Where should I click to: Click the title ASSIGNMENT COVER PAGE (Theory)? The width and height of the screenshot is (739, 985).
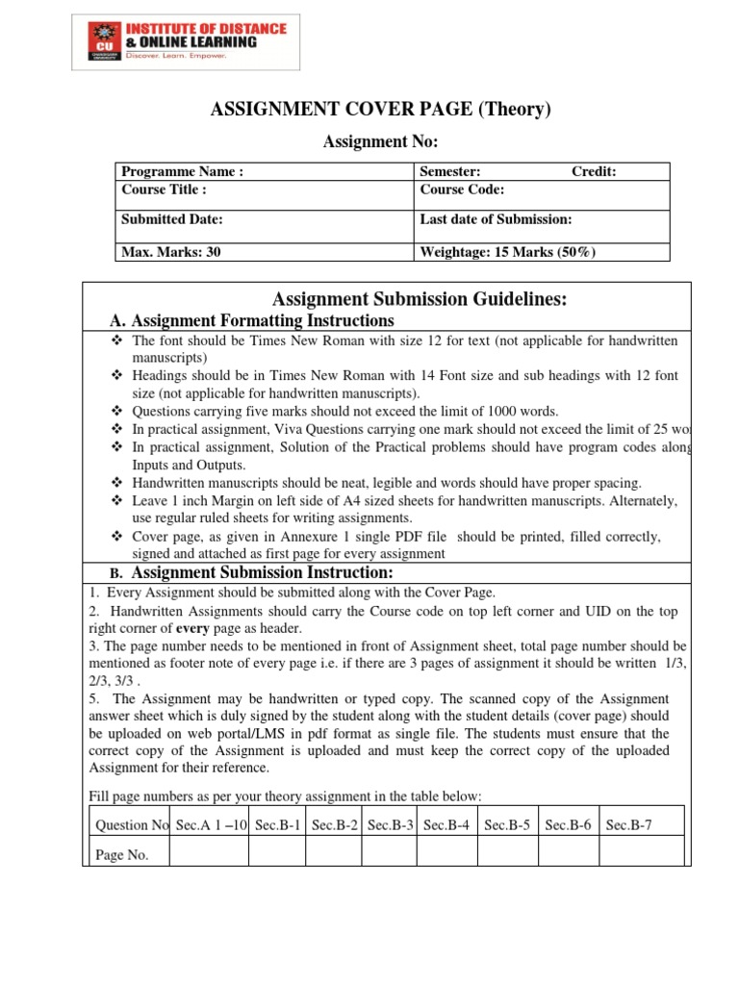(x=381, y=110)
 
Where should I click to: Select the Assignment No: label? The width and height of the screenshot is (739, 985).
(x=381, y=142)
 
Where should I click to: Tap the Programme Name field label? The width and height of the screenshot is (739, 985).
(x=182, y=172)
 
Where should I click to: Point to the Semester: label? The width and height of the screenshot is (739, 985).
(x=450, y=172)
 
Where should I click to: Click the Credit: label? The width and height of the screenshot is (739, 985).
(x=594, y=172)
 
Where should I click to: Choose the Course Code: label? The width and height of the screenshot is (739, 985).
(x=462, y=189)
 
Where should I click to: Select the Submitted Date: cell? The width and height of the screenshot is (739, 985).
(x=172, y=219)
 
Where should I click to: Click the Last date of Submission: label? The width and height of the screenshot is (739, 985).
(x=496, y=219)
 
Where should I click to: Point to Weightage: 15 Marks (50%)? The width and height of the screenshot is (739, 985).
(x=508, y=252)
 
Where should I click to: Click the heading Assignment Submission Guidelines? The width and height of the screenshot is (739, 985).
(x=420, y=300)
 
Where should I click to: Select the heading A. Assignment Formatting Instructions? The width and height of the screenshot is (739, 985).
(x=252, y=320)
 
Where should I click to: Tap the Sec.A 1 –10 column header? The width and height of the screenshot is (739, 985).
(x=210, y=824)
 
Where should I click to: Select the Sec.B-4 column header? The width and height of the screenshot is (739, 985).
(x=447, y=824)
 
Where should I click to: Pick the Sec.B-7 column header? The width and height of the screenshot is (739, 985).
(x=629, y=824)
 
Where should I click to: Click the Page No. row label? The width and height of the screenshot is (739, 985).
(x=122, y=855)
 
